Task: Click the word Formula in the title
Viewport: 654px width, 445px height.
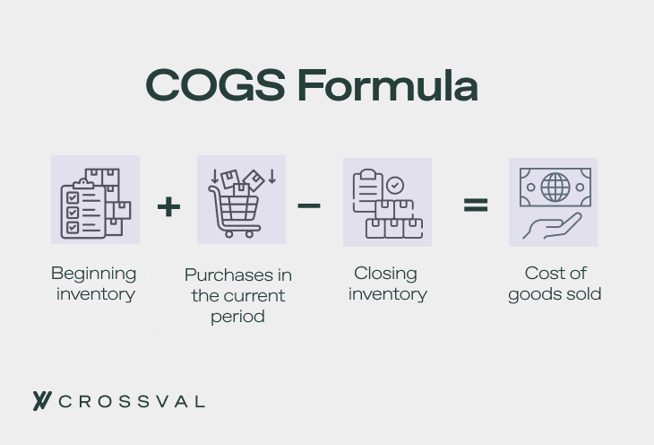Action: [x=387, y=86]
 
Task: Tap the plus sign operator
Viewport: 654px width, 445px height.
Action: [x=168, y=206]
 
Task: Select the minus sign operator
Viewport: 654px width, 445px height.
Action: [x=309, y=205]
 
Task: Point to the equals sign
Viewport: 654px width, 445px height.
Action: [x=476, y=205]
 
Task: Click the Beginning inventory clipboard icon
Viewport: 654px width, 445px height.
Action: [x=95, y=200]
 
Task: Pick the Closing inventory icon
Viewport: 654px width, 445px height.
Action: [x=387, y=202]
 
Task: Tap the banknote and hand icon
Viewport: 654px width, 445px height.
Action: [x=553, y=202]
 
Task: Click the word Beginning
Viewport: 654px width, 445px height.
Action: [x=94, y=274]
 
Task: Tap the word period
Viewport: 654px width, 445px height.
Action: [x=237, y=317]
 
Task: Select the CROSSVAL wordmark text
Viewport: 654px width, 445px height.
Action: [x=132, y=401]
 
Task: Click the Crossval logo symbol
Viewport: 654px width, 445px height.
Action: [x=41, y=401]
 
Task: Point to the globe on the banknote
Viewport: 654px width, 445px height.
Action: [x=555, y=188]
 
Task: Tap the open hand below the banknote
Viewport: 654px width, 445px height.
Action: [x=551, y=225]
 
